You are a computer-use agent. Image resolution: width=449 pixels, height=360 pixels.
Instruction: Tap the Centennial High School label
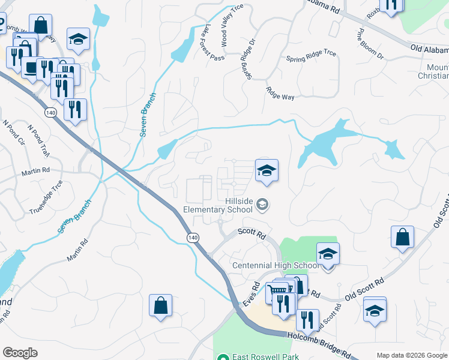(275, 266)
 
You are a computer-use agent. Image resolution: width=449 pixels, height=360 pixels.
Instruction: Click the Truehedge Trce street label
(46, 197)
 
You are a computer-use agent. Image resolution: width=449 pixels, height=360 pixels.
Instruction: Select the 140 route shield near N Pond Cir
(51, 112)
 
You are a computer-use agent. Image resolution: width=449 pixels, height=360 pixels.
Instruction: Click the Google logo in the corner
(20, 353)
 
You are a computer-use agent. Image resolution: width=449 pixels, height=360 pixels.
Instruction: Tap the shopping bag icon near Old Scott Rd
(402, 237)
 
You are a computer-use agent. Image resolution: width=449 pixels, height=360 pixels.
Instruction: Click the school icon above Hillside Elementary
(267, 170)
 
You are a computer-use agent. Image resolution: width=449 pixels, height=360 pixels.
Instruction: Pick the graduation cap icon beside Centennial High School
(328, 254)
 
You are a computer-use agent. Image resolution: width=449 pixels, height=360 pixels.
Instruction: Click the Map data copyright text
(412, 355)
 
